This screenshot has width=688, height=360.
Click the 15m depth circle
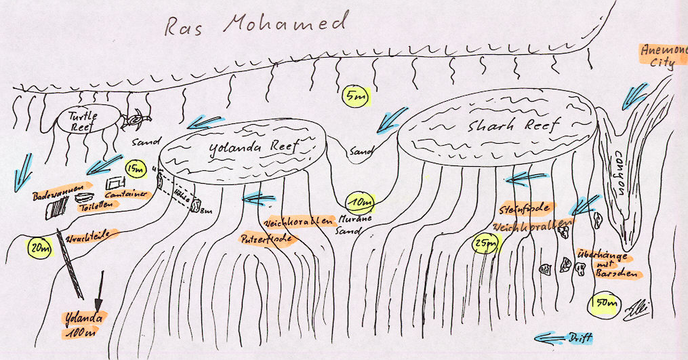[x=136, y=167]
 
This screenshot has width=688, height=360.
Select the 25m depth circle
[x=485, y=241]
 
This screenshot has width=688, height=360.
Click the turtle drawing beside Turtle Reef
[x=137, y=121]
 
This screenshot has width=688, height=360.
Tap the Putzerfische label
[x=266, y=239]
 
